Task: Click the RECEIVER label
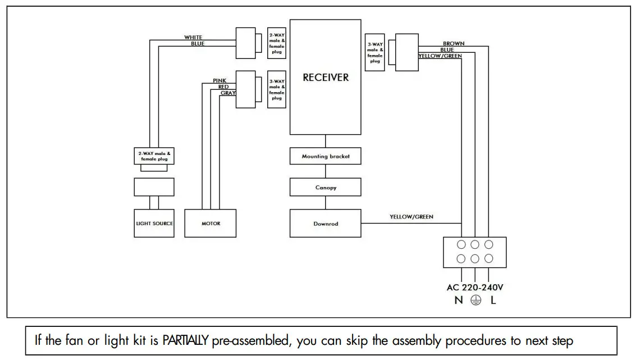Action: tap(326, 78)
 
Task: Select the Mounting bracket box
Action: tap(326, 156)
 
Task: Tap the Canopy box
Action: tap(326, 188)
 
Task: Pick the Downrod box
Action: tap(326, 224)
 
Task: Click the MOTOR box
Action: tap(211, 224)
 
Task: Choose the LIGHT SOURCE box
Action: tap(154, 224)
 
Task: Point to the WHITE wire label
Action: tap(193, 38)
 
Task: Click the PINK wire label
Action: tap(220, 81)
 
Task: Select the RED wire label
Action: tap(223, 87)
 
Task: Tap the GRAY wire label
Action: tap(228, 93)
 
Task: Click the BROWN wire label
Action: tap(454, 44)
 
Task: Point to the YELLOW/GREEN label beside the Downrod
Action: tap(412, 217)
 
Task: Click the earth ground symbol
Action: tap(476, 300)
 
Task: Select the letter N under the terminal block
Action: tap(459, 300)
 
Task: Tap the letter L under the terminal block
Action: tap(493, 300)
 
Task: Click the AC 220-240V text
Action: tap(475, 287)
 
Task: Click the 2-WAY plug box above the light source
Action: tap(154, 156)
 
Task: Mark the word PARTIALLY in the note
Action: tap(186, 340)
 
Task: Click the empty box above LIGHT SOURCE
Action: tap(154, 187)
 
